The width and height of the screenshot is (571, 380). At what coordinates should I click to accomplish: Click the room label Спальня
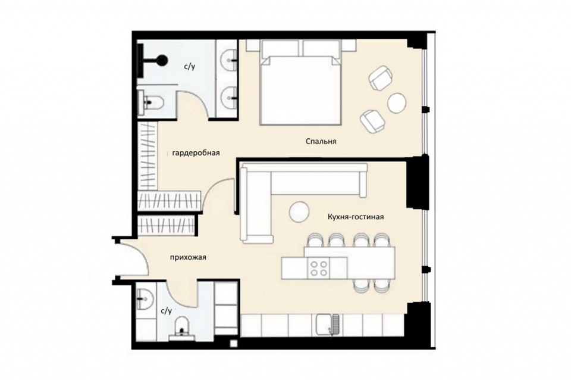(321, 142)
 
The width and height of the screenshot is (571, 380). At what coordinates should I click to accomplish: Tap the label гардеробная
(196, 153)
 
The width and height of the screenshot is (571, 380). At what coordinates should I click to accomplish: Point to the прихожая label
(187, 257)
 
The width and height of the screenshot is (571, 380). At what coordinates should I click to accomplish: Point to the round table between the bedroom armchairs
(396, 102)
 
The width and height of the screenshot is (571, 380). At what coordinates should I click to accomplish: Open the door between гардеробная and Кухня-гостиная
(220, 197)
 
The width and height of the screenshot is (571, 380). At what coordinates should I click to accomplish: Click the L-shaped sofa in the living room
(262, 191)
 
